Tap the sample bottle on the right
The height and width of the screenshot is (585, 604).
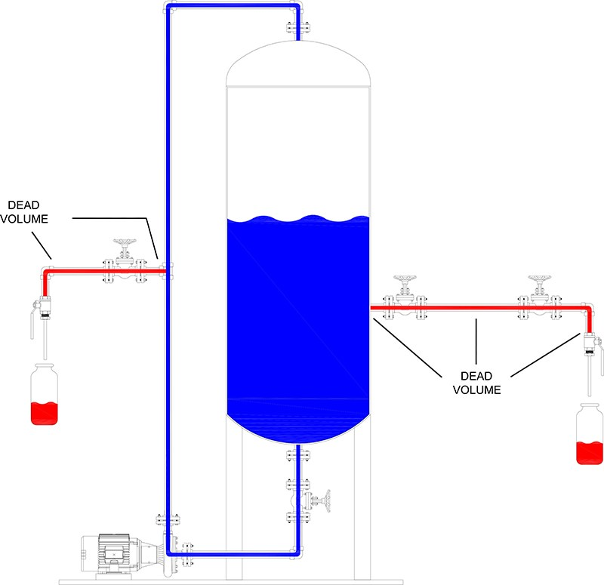590,437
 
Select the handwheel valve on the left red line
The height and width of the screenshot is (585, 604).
122,261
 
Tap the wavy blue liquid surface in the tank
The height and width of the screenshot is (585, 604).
299,220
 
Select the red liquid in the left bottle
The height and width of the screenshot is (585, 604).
45,413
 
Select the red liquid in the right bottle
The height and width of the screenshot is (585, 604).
590,453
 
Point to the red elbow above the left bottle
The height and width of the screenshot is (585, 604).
46,273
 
